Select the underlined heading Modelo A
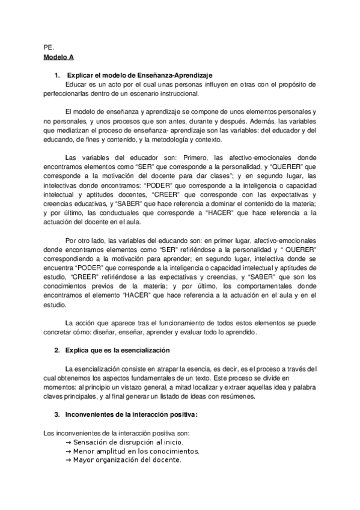click(x=58, y=57)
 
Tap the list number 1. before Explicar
click(x=57, y=76)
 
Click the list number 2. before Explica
click(x=57, y=350)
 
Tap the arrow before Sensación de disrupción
click(x=68, y=441)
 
